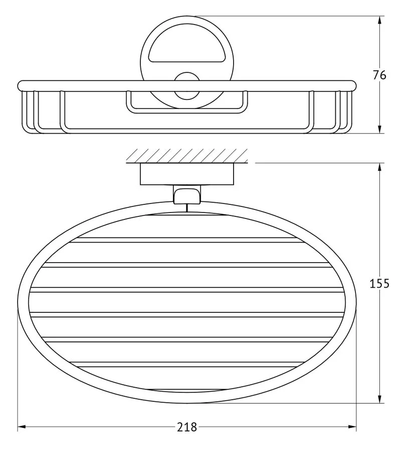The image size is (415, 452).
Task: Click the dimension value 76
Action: pyautogui.click(x=379, y=75)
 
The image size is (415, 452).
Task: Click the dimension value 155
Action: pyautogui.click(x=379, y=284)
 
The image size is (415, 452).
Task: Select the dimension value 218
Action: pyautogui.click(x=187, y=427)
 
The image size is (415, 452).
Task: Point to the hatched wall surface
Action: pyautogui.click(x=187, y=156)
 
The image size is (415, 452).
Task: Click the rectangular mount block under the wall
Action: pyautogui.click(x=187, y=174)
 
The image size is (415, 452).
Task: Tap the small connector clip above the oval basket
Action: pyautogui.click(x=187, y=194)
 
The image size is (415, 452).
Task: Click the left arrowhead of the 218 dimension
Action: pyautogui.click(x=22, y=427)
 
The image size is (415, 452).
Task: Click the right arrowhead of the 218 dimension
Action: pyautogui.click(x=352, y=427)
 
